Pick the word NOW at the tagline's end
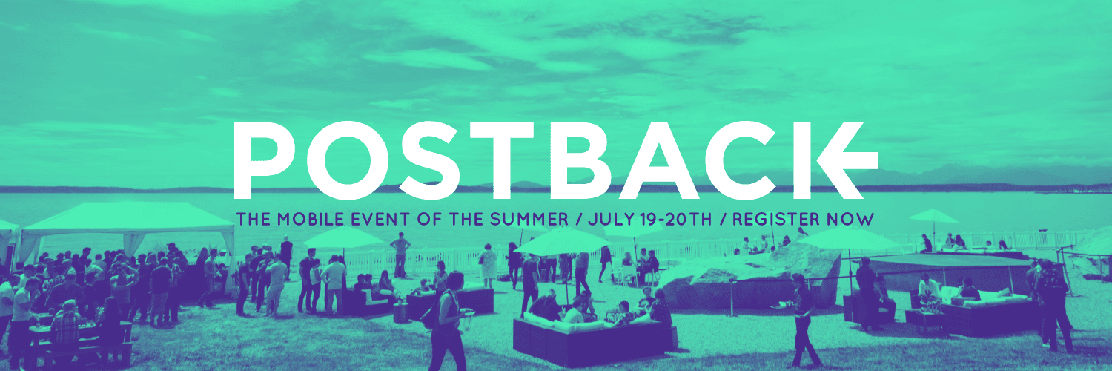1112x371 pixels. pyautogui.click(x=852, y=219)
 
